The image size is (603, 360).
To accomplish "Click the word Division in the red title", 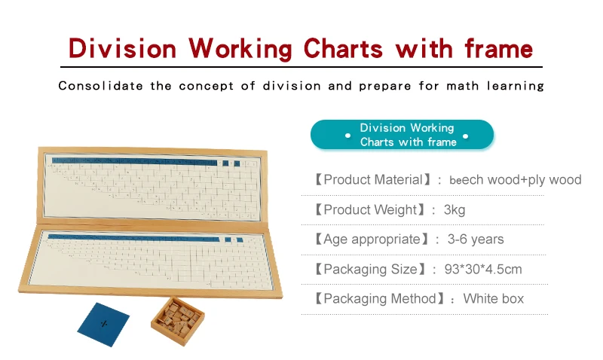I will (123, 48).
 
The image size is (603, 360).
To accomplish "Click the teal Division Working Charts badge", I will (403, 135).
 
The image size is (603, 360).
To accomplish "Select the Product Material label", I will (374, 180).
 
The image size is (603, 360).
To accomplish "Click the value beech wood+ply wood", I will (516, 180).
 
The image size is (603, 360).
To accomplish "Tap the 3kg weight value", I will (454, 210).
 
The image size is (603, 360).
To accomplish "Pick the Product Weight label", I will (371, 210).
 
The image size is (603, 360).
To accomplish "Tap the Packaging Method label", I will (381, 299).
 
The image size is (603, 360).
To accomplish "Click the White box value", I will (494, 299).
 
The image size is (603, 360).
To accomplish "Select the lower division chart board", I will (151, 259).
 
